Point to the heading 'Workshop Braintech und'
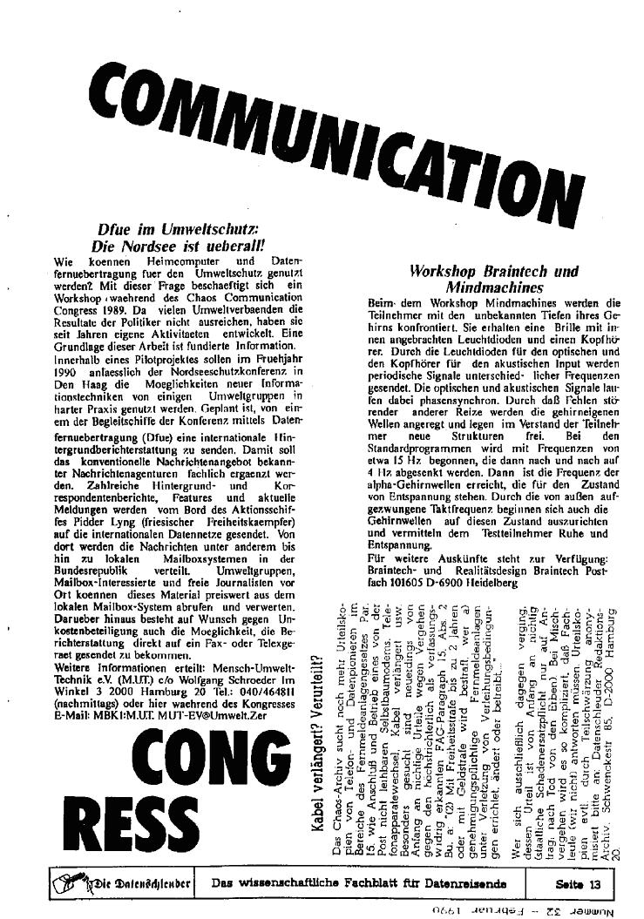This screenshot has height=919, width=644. tap(494, 271)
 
